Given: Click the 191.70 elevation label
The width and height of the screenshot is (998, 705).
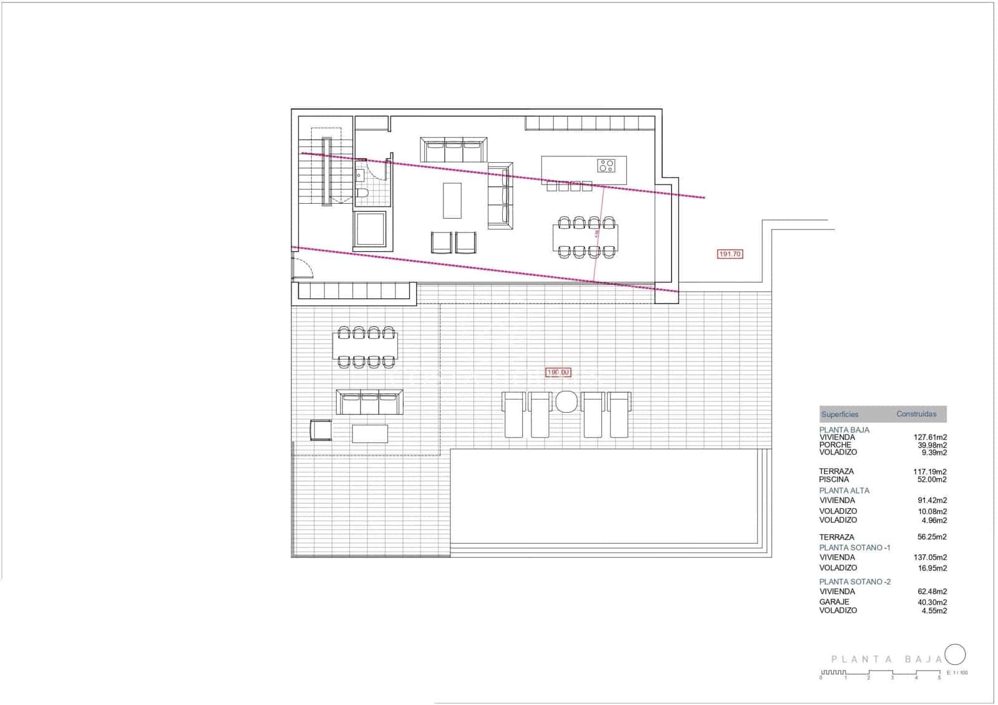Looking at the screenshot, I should point(730,254).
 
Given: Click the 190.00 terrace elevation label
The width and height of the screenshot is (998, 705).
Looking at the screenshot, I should point(558,372).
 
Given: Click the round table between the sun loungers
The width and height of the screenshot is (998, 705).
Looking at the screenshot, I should point(566,401).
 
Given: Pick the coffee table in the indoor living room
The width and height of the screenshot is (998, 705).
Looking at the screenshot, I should point(452,200).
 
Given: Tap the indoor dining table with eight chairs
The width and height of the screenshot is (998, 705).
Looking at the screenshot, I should point(585,237).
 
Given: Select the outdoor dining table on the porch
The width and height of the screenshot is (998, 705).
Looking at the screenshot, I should point(366,347).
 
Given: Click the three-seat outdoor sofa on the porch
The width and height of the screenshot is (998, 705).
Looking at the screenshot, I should point(370,403).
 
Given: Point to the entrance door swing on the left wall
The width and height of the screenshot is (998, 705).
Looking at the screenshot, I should point(303,264).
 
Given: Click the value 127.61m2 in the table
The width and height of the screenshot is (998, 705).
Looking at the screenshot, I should point(930,438).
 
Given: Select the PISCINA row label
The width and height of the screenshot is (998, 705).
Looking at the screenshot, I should point(834,479).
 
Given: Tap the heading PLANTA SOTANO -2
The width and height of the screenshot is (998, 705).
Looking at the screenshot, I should point(855,582).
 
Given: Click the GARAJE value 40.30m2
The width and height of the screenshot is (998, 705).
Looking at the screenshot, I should point(932,602).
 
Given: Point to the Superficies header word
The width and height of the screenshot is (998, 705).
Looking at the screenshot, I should point(840,414).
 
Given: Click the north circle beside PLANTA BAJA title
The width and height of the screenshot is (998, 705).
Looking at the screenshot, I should point(955,655).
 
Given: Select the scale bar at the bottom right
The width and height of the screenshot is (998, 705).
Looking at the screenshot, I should point(880,673).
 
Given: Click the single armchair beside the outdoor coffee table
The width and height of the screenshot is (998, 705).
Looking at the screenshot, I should point(321,430).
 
